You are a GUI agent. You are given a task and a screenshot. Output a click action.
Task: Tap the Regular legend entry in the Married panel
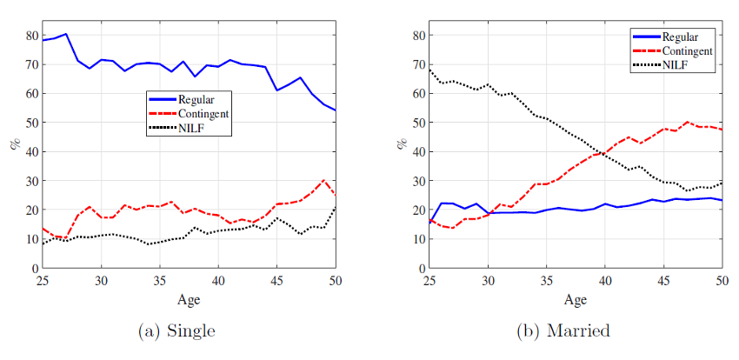[679, 37]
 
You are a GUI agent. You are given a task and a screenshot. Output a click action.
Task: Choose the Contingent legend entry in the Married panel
[687, 51]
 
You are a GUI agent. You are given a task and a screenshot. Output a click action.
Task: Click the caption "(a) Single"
[177, 331]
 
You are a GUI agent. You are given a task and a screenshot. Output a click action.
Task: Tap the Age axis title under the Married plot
[576, 300]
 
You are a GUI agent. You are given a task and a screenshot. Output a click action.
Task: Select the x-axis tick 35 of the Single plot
[160, 280]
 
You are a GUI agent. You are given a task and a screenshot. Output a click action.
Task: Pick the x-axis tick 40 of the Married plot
[604, 280]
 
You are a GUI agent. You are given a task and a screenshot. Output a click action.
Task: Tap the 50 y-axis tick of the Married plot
[419, 123]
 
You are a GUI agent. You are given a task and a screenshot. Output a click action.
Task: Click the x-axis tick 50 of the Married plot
[721, 280]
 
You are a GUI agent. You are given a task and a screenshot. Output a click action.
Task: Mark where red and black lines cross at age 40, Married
[604, 153]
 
